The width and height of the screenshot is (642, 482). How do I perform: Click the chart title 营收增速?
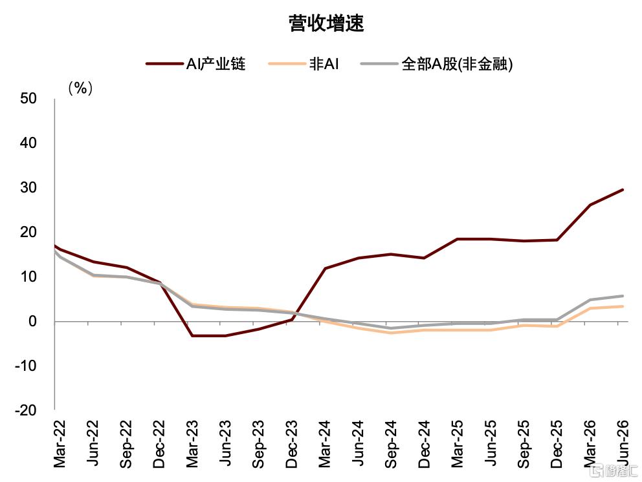(326, 23)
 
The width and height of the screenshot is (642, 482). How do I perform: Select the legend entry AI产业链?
(195, 64)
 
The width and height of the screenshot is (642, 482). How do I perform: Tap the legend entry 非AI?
(304, 64)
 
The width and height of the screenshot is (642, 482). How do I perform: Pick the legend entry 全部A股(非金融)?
(436, 64)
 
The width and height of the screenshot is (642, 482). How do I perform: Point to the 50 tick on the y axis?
(28, 98)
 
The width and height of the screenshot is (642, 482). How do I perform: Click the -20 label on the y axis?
(25, 410)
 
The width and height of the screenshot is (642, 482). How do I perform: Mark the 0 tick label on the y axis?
(32, 321)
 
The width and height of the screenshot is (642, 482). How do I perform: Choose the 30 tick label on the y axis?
(28, 187)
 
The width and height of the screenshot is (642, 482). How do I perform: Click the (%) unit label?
(80, 87)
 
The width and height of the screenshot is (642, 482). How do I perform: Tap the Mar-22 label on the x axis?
(60, 444)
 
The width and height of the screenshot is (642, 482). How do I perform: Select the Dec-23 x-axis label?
(291, 444)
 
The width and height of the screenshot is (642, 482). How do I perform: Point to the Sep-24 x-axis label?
(391, 444)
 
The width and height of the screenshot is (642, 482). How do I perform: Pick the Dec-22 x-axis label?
(159, 444)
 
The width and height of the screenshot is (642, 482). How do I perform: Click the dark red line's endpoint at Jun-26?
(623, 190)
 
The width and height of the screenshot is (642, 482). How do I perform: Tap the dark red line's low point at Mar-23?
(192, 335)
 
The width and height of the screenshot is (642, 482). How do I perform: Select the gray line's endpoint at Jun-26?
(623, 296)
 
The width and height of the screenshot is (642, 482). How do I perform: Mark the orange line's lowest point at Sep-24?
(391, 333)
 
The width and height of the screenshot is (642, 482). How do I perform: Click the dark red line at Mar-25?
(458, 239)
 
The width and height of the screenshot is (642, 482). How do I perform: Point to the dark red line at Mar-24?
(325, 268)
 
